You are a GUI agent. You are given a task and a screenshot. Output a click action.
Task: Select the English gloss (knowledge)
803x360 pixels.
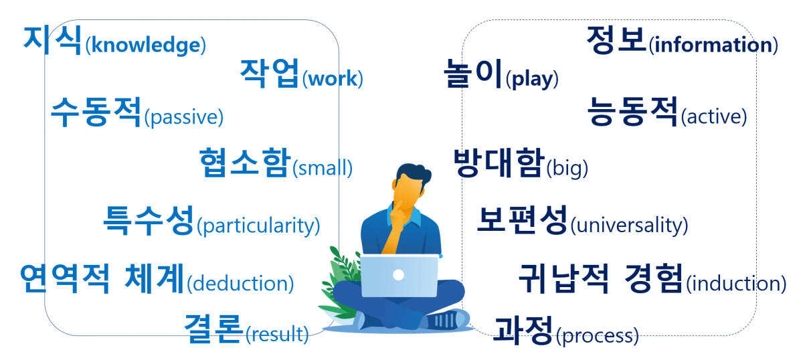point(146,46)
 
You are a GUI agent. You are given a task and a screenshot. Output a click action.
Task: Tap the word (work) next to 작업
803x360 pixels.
point(333,79)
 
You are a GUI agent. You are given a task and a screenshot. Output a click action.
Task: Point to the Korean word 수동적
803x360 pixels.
point(96,112)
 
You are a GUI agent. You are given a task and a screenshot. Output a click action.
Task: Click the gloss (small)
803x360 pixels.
point(323,168)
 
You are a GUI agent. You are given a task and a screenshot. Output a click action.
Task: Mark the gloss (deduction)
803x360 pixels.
point(241,283)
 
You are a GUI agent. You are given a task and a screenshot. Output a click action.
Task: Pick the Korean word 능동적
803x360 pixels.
point(632,111)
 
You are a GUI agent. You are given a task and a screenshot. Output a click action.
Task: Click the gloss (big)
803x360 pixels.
point(567,168)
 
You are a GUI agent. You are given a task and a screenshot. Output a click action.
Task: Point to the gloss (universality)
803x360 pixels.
point(629,226)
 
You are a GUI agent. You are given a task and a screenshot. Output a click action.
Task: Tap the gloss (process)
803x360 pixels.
point(597,335)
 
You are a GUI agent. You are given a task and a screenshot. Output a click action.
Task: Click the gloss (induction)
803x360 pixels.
point(736,283)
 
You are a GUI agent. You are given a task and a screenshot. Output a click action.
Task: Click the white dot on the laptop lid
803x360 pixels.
point(399,274)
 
